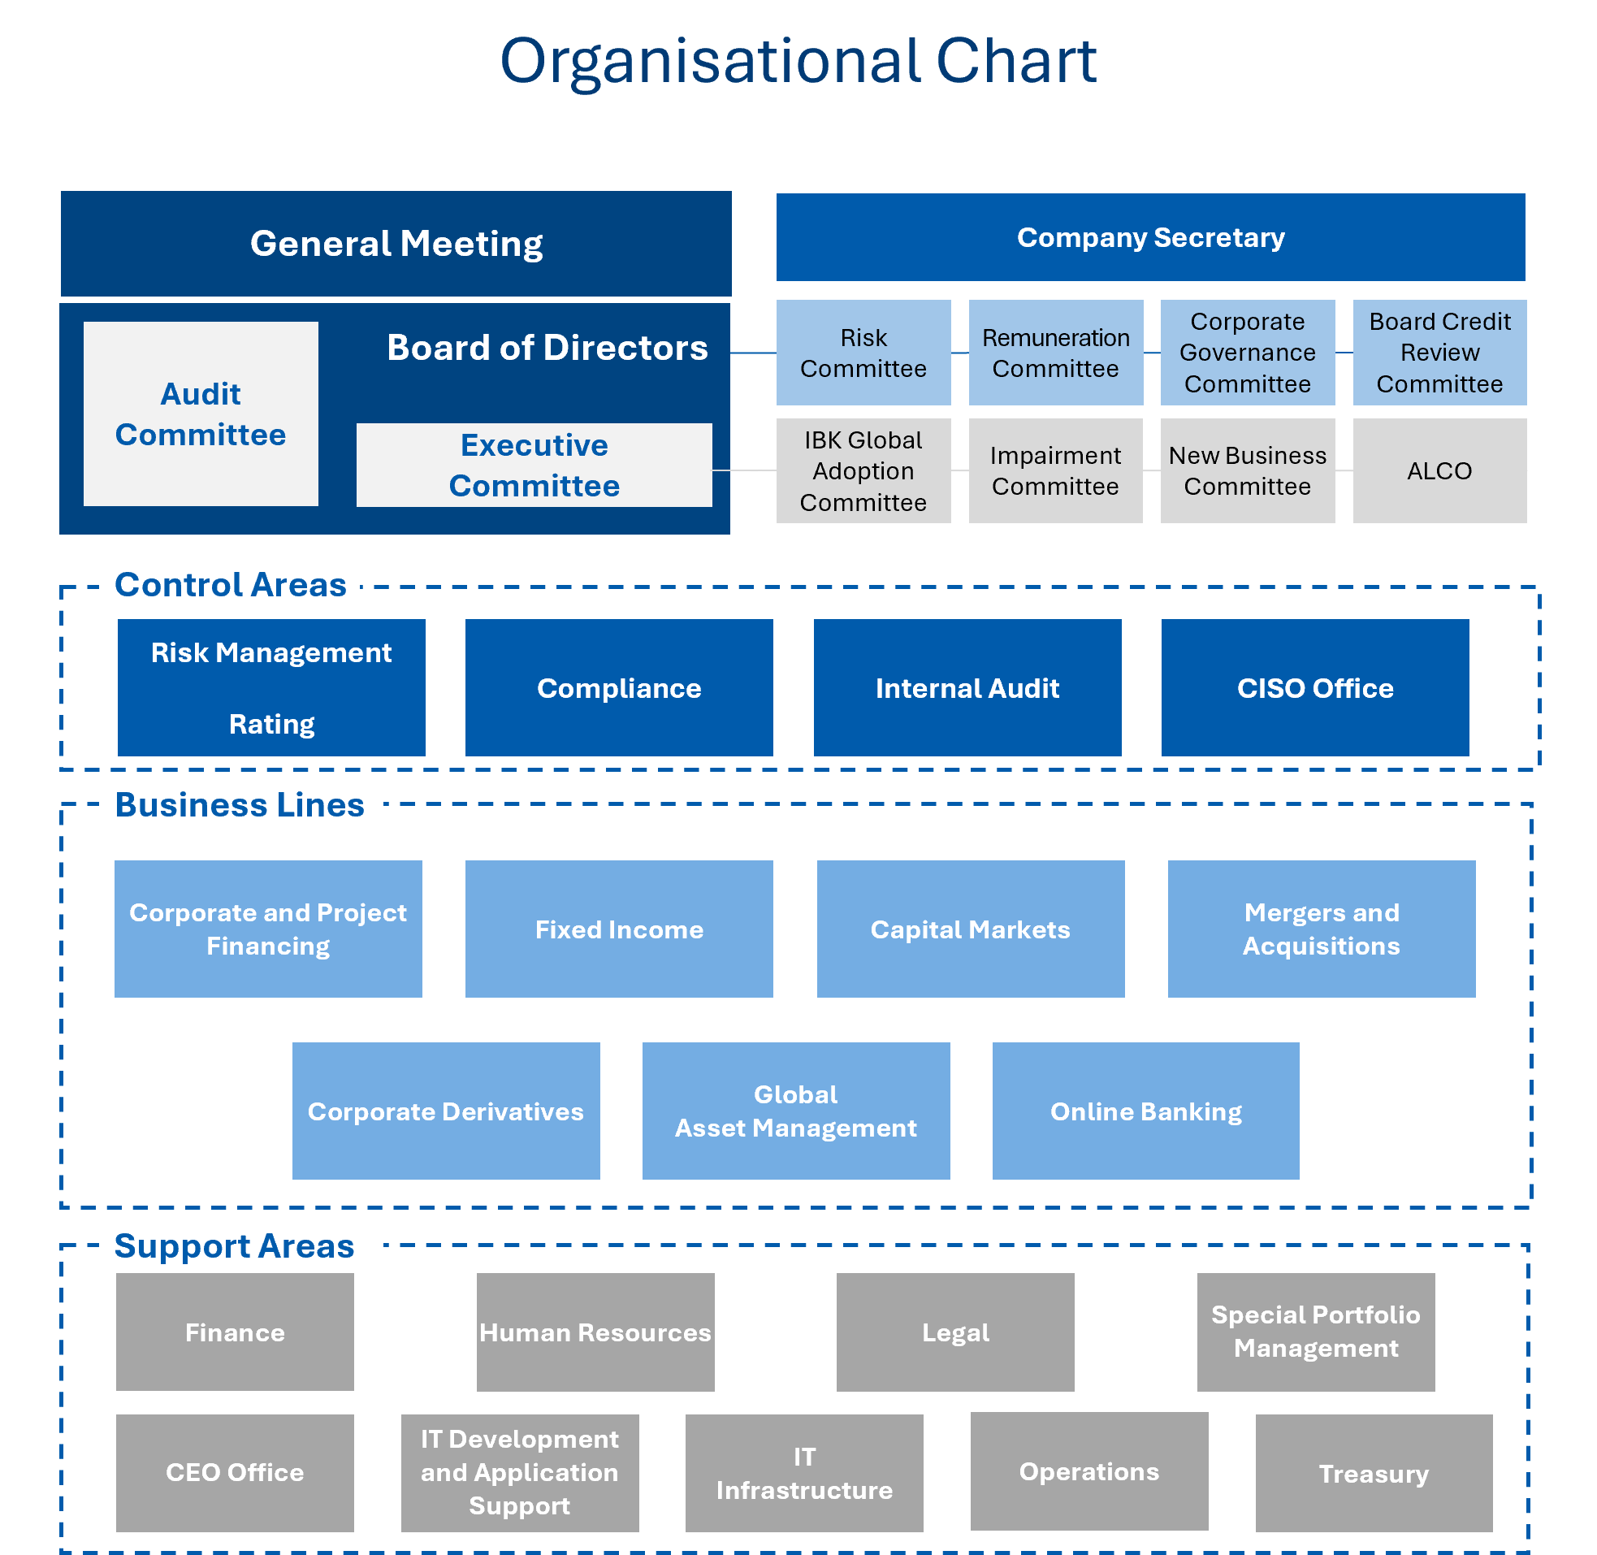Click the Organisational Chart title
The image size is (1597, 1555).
click(798, 61)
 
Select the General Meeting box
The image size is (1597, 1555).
click(396, 244)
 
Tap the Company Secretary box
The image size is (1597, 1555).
click(1149, 238)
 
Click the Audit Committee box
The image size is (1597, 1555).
click(201, 414)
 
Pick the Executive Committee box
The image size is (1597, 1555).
click(534, 465)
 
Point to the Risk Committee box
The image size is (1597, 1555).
click(863, 353)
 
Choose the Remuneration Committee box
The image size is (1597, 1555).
click(1055, 353)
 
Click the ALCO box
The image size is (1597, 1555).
click(1439, 470)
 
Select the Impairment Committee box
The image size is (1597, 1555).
click(1055, 470)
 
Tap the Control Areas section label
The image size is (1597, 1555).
click(229, 585)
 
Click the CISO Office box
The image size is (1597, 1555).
click(1314, 687)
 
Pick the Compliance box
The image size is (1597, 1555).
click(619, 687)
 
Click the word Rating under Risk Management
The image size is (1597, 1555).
click(271, 724)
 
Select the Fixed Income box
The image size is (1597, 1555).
click(619, 929)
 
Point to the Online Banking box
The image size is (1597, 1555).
click(1145, 1111)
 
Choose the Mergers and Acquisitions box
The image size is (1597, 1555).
click(1321, 929)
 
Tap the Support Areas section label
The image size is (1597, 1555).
click(235, 1245)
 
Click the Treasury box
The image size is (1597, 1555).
click(1374, 1473)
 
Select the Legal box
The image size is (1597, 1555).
click(955, 1332)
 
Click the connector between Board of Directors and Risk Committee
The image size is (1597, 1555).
click(753, 353)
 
